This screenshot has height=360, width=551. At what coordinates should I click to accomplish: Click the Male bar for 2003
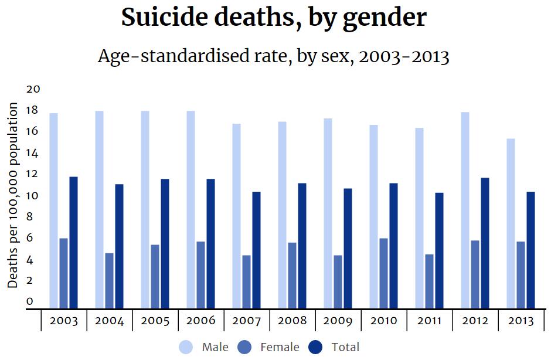(x=53, y=210)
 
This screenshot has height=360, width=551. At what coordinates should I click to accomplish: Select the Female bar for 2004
(x=109, y=280)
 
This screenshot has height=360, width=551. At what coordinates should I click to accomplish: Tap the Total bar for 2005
(x=165, y=243)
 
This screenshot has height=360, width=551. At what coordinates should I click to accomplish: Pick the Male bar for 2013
(x=511, y=223)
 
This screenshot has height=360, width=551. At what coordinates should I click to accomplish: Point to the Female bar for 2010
(x=383, y=273)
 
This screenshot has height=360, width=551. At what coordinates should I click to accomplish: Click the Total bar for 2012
(x=485, y=243)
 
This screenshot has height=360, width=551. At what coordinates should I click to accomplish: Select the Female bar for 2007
(x=246, y=281)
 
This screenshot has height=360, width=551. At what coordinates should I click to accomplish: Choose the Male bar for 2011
(x=419, y=218)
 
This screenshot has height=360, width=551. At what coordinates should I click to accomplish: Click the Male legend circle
(x=186, y=347)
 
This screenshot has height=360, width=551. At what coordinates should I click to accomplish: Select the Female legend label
(x=280, y=347)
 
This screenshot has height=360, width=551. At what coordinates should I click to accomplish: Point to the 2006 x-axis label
(x=201, y=321)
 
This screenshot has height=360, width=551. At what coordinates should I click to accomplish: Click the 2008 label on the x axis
(x=292, y=321)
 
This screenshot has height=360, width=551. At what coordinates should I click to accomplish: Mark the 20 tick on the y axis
(x=33, y=89)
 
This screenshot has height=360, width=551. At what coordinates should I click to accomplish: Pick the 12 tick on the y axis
(x=33, y=174)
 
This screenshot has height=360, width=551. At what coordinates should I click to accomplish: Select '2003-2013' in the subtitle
(x=404, y=57)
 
